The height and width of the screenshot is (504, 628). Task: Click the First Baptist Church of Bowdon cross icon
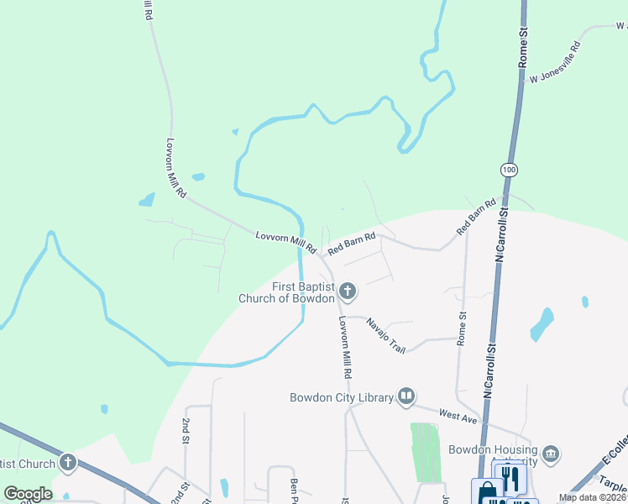coord(348,292)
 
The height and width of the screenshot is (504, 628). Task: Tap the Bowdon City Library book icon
coord(406,396)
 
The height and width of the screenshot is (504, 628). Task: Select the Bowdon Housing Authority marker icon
coord(551,454)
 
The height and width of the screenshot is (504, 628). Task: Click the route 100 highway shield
coord(509,170)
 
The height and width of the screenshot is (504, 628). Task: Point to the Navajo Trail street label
coord(385,336)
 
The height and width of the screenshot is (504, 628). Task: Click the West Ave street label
coord(458,416)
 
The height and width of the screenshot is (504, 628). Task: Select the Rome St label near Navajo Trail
coord(461,328)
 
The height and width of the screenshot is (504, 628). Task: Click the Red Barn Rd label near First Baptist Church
coord(350,244)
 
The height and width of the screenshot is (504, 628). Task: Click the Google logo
coord(28,494)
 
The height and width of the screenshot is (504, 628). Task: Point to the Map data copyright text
coord(592,497)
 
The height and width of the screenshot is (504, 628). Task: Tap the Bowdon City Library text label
coord(341,397)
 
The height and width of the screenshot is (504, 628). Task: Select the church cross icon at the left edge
coord(67,463)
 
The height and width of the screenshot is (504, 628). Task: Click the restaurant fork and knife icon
coord(510,478)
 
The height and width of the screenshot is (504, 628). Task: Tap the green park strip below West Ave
coord(426,452)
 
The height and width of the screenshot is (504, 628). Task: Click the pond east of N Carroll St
coord(542,324)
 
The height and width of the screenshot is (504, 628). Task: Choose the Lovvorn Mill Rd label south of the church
coord(344,345)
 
